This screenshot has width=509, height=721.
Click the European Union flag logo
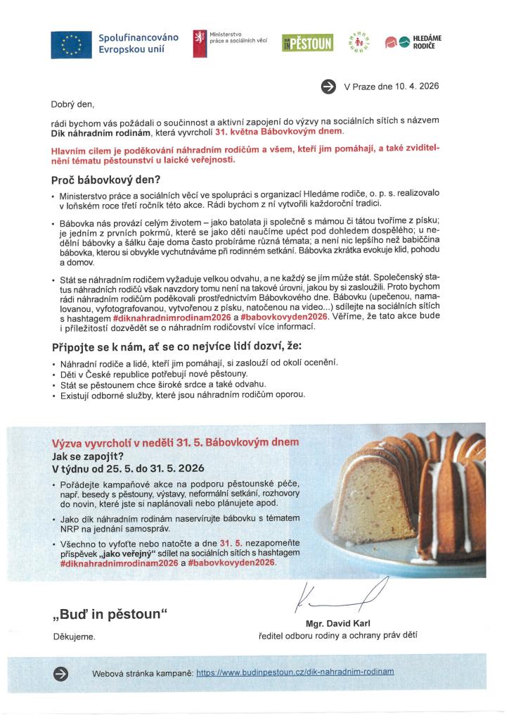click(x=71, y=44)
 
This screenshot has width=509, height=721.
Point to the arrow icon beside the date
click(x=328, y=86)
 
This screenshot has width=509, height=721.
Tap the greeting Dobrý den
click(x=72, y=104)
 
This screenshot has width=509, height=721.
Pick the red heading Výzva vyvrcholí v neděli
click(x=176, y=442)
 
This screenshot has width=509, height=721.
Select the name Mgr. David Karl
click(x=337, y=623)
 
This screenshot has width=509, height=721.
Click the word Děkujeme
click(x=74, y=637)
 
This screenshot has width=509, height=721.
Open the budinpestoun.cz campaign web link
click(x=295, y=672)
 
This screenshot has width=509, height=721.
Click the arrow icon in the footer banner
click(x=61, y=673)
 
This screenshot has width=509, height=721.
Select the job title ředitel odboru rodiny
click(x=337, y=635)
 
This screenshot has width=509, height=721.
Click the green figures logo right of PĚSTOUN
click(x=359, y=43)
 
